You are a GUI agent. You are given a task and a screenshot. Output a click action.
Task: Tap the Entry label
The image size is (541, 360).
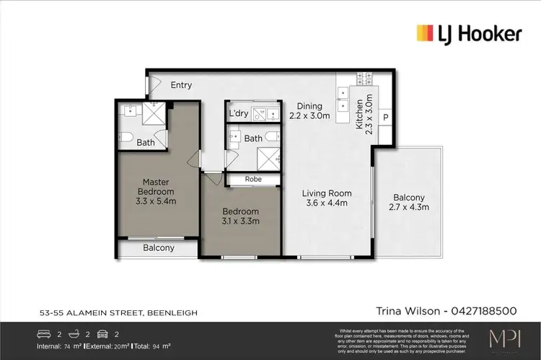(181, 85)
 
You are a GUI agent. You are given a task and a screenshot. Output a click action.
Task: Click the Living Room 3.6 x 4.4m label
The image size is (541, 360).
(327, 198)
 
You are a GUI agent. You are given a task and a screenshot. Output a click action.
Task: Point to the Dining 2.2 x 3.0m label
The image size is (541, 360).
(309, 110)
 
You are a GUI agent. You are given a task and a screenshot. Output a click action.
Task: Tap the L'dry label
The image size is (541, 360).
(239, 114)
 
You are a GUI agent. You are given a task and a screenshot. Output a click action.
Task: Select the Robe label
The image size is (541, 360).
(252, 179)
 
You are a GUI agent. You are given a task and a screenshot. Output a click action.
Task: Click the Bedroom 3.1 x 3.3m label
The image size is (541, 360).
(240, 216)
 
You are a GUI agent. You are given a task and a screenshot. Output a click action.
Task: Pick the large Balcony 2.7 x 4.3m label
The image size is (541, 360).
(409, 202)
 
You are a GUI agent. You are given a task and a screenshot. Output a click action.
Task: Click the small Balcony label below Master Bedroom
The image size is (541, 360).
(159, 248)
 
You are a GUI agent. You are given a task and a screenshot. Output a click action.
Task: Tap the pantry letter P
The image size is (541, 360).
(386, 118)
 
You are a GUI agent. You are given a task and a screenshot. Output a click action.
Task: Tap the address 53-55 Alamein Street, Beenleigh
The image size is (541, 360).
(119, 312)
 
